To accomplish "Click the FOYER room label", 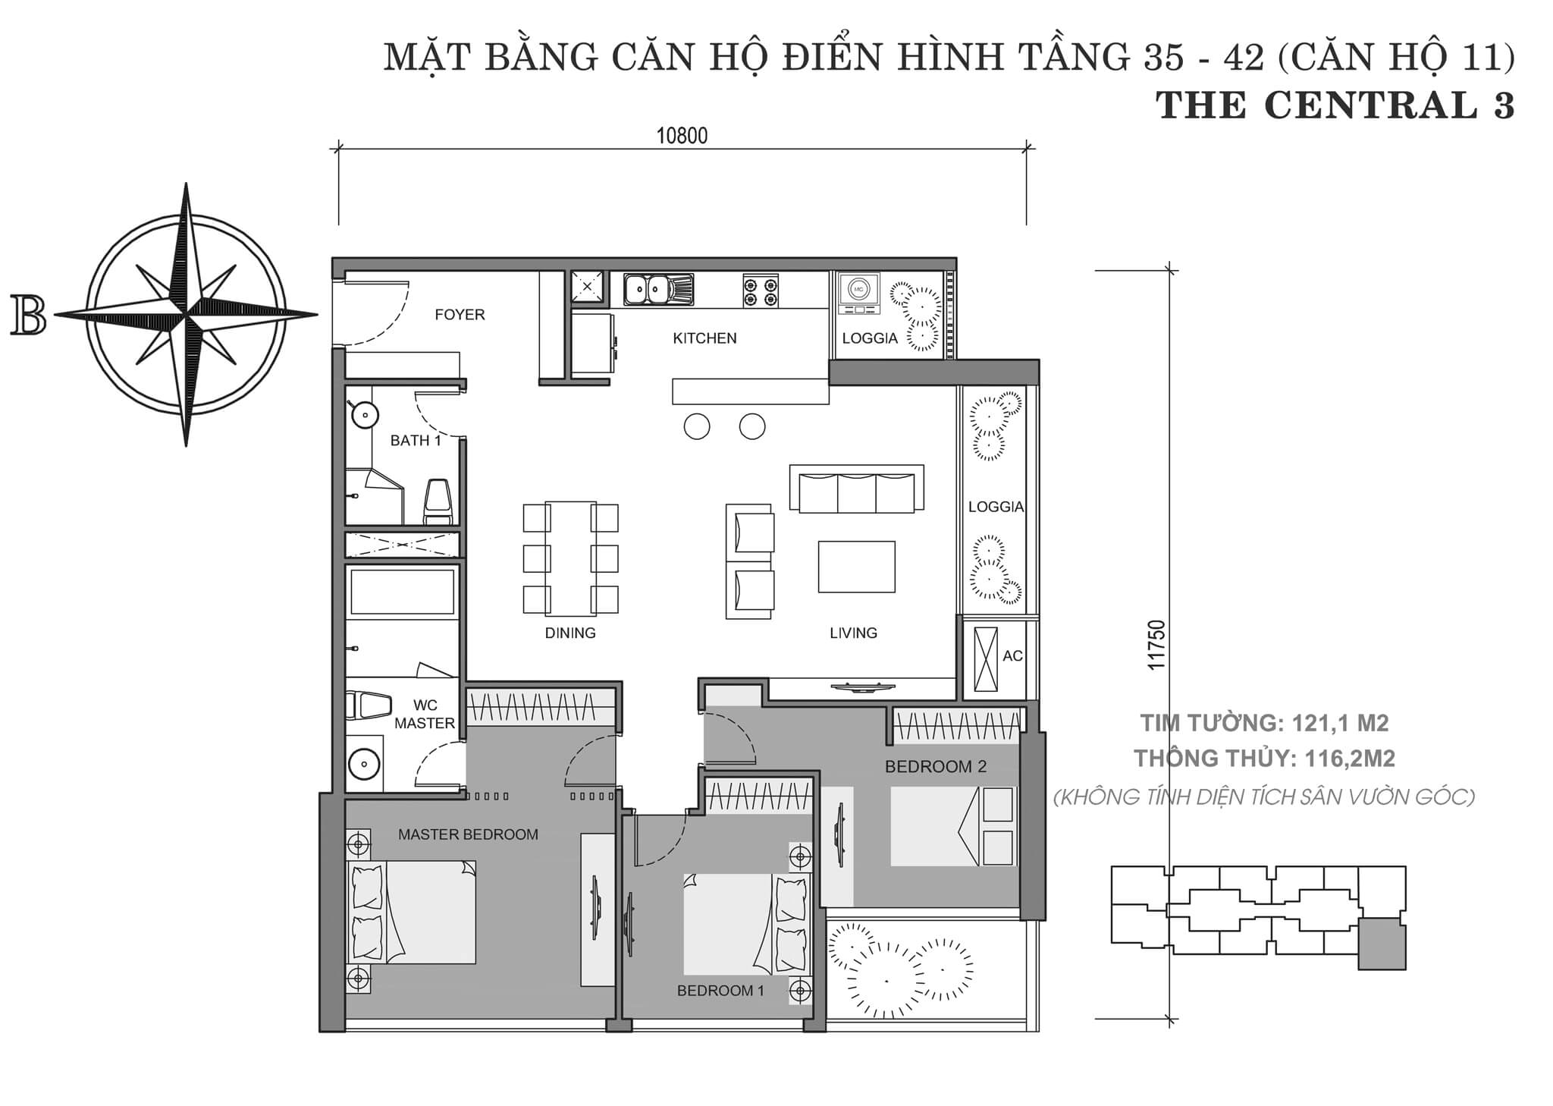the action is pos(460,315).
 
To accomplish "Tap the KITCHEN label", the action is pos(704,338).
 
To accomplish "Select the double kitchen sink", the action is pos(658,289).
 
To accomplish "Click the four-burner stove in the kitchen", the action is pos(761,290).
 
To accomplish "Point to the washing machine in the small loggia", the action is pos(859,294).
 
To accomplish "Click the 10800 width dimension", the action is pos(682,136).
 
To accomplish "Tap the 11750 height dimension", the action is pos(1156,645).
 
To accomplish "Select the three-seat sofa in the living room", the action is pos(857,489).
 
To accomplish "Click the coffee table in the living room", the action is pos(856,567).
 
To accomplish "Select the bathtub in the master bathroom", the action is pos(402,591).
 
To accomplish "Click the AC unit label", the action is pos(1012,656).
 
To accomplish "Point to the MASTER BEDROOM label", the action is pos(468,834).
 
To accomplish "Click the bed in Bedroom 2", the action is pos(952,826).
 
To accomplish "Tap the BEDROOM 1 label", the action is pos(720,991).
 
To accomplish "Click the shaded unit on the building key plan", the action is pos(1382,944).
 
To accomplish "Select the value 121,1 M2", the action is pos(1336,724).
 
